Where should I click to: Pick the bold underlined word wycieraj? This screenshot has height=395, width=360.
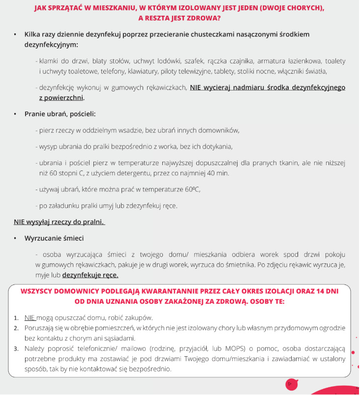click(219, 87)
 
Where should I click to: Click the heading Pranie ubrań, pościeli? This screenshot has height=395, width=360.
click(60, 114)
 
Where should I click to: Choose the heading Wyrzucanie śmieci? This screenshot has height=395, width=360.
click(54, 238)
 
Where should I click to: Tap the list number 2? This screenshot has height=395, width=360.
click(16, 327)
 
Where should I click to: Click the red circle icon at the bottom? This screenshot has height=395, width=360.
click(291, 384)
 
